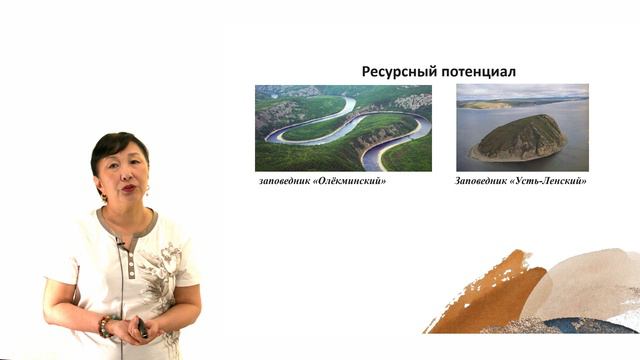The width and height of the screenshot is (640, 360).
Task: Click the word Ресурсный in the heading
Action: [x=397, y=72]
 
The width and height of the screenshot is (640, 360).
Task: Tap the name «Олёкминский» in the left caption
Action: [x=352, y=181]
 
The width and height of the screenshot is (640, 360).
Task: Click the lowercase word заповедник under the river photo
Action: [x=288, y=181]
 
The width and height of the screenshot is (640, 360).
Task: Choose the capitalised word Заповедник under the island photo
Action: [x=487, y=181]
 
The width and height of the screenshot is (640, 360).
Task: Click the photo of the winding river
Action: [x=343, y=128]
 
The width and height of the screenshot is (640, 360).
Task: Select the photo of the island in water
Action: [x=522, y=128]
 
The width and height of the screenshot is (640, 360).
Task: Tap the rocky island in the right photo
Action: [x=520, y=138]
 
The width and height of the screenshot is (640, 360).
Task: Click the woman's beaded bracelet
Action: [x=104, y=326]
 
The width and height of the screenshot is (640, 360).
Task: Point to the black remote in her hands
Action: [x=142, y=329]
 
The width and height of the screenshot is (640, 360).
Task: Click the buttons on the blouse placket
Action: [x=131, y=268]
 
